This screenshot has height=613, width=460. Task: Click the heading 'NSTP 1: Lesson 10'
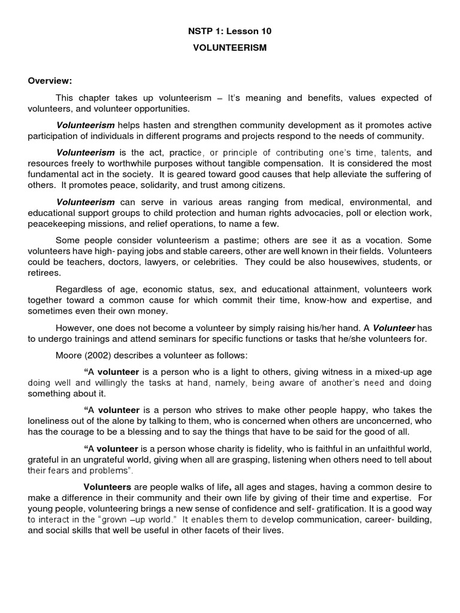229,31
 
